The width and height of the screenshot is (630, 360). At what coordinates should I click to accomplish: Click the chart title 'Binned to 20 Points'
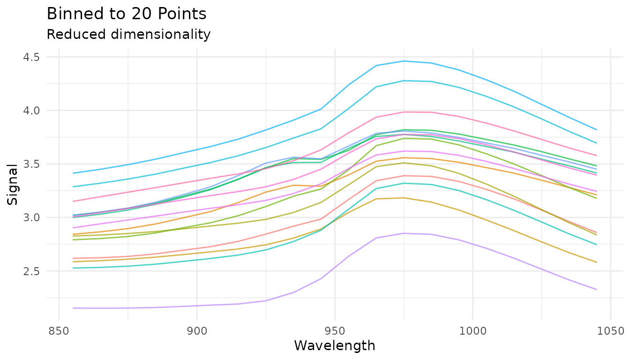click(127, 14)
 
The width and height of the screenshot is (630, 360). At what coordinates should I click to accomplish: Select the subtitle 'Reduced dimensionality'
click(128, 34)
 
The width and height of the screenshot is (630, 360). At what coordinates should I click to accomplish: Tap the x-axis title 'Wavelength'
click(334, 346)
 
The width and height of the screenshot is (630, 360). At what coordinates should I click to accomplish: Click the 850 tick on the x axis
click(59, 331)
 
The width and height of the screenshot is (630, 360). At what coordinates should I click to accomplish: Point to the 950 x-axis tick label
click(334, 331)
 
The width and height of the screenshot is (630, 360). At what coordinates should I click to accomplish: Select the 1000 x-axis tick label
click(472, 331)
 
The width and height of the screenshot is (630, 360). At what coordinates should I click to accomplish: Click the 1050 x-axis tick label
click(610, 331)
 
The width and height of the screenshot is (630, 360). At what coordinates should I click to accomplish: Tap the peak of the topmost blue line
click(404, 61)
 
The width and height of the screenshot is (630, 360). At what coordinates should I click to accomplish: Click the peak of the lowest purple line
click(404, 233)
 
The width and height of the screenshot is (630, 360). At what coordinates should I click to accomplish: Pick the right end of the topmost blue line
click(609, 129)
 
